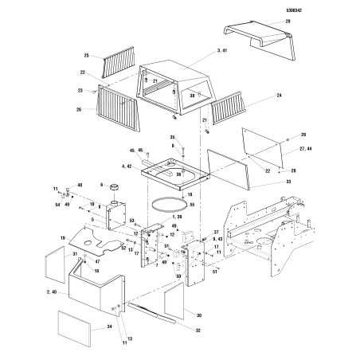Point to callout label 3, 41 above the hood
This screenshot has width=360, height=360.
(x=200, y=52)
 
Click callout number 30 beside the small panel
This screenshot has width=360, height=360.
(x=198, y=315)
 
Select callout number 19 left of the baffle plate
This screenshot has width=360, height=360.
(x=61, y=237)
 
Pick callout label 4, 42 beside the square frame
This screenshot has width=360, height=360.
(x=126, y=166)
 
